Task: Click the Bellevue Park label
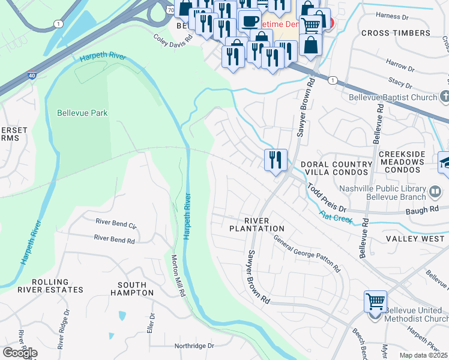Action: pyautogui.click(x=82, y=113)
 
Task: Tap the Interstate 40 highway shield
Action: pyautogui.click(x=32, y=76)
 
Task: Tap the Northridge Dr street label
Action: pyautogui.click(x=194, y=346)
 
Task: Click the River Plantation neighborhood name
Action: pyautogui.click(x=257, y=224)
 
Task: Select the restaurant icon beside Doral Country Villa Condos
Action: pyautogui.click(x=276, y=160)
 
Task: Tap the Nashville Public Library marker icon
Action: pyautogui.click(x=436, y=192)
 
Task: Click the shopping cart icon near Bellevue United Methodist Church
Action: pyautogui.click(x=375, y=301)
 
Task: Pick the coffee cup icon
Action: pyautogui.click(x=249, y=20)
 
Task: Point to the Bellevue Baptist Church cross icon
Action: pyautogui.click(x=444, y=97)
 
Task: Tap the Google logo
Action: pyautogui.click(x=20, y=353)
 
